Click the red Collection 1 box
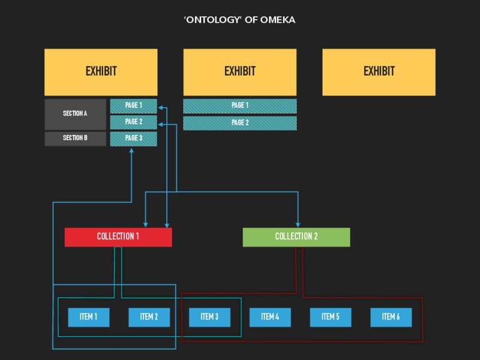(x=118, y=236)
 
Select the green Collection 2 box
(x=296, y=236)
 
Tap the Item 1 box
(x=88, y=317)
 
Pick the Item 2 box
(x=149, y=317)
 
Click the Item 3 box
(x=209, y=317)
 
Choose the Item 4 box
(x=270, y=317)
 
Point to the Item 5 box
(x=331, y=317)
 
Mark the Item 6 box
(x=391, y=317)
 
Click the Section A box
(x=75, y=114)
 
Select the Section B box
(x=75, y=139)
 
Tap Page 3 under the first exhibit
(x=133, y=139)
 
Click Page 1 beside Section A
(x=133, y=106)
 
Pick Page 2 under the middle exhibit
(x=239, y=123)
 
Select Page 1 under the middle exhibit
(x=239, y=106)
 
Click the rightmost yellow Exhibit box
(x=379, y=72)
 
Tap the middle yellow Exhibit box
(x=239, y=72)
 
